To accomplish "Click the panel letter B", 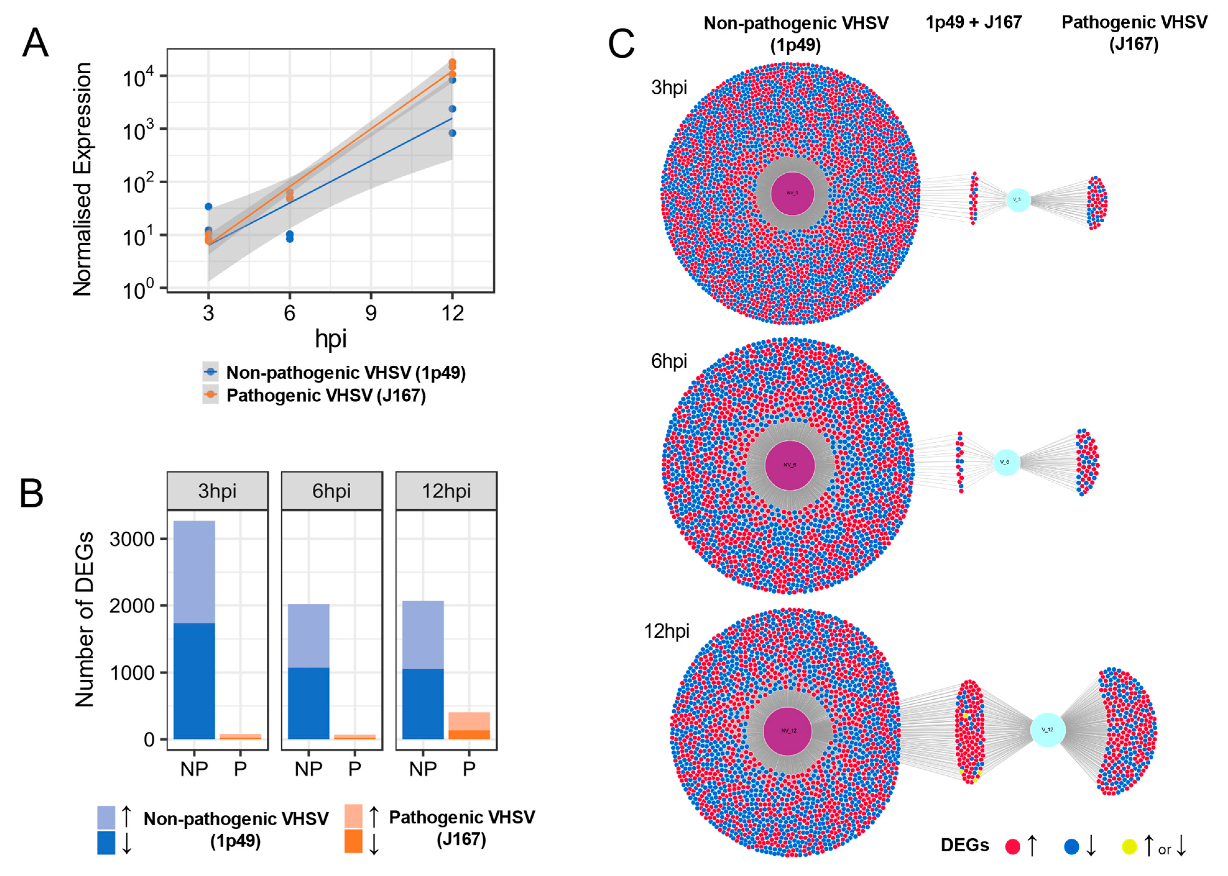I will [x=31, y=493].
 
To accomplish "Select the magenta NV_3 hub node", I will [x=792, y=193].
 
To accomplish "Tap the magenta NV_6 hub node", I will [x=789, y=465].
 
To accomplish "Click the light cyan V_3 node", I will [x=1018, y=200].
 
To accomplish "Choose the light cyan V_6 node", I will [x=1006, y=462].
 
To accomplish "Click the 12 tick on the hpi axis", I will [x=452, y=313].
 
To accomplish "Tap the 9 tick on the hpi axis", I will [x=371, y=313].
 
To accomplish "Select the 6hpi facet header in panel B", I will [x=331, y=491].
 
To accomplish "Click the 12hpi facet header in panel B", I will [x=446, y=491].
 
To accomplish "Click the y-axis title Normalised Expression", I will [x=83, y=179].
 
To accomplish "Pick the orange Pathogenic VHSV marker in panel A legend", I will [x=210, y=395].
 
